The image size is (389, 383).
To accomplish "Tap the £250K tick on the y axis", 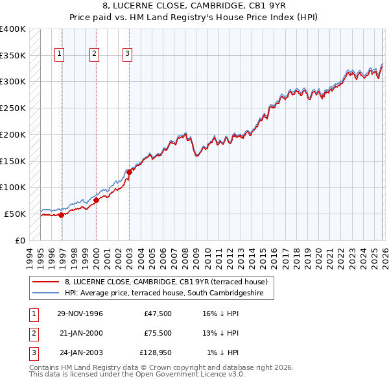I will pos(13,108).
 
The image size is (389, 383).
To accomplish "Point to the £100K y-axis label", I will pos(13,187).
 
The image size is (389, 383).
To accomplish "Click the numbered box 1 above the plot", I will pos(60,54).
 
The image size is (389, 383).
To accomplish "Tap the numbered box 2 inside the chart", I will pos(94,54).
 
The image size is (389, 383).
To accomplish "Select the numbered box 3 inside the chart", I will pos(128,54).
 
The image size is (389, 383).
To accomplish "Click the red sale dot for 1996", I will pos(62,215).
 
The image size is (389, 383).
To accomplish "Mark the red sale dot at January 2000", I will pos(96,200).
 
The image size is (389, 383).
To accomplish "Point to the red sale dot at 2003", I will pos(129,172).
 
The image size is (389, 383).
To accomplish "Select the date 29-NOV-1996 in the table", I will pos(80,314).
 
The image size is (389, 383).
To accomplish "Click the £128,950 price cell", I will pos(156,352).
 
